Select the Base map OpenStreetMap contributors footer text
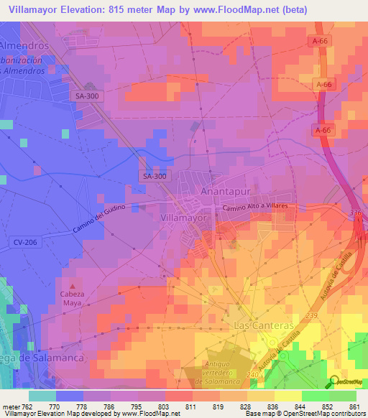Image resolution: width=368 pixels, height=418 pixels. point(301,414)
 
